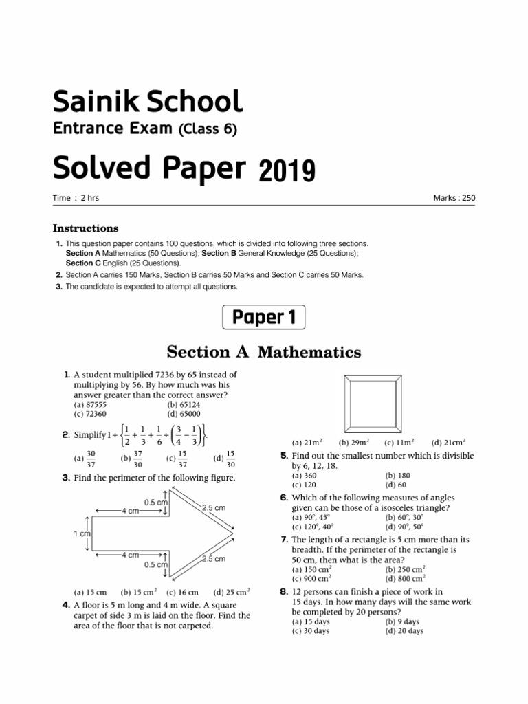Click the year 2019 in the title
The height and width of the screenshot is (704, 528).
287,169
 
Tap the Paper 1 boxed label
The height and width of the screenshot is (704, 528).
263,317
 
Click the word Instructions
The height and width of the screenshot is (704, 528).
86,228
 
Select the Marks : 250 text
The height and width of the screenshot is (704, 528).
454,198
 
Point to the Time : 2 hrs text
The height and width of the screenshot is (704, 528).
76,198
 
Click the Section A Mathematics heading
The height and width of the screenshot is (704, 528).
264,352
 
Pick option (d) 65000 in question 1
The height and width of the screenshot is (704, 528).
184,414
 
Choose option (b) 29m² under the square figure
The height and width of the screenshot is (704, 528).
354,443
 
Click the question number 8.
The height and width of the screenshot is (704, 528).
283,591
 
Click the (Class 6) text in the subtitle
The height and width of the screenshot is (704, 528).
208,129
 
